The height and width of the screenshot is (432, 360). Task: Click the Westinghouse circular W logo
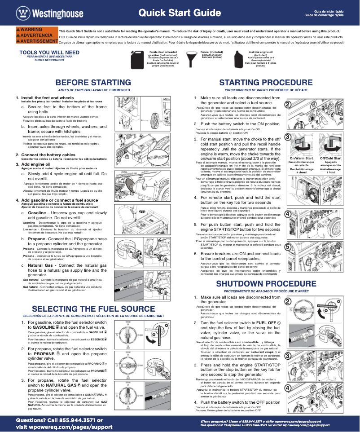pos(22,13)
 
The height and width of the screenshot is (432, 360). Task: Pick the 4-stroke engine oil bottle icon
pos(238,58)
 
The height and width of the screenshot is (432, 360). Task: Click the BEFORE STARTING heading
pos(93,83)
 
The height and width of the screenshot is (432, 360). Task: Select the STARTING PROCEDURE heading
pos(266,83)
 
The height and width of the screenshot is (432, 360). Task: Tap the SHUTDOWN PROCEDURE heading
pos(267,284)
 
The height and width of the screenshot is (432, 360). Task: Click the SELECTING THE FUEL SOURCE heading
pos(94,309)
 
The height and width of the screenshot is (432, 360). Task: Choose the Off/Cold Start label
pos(331,159)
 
